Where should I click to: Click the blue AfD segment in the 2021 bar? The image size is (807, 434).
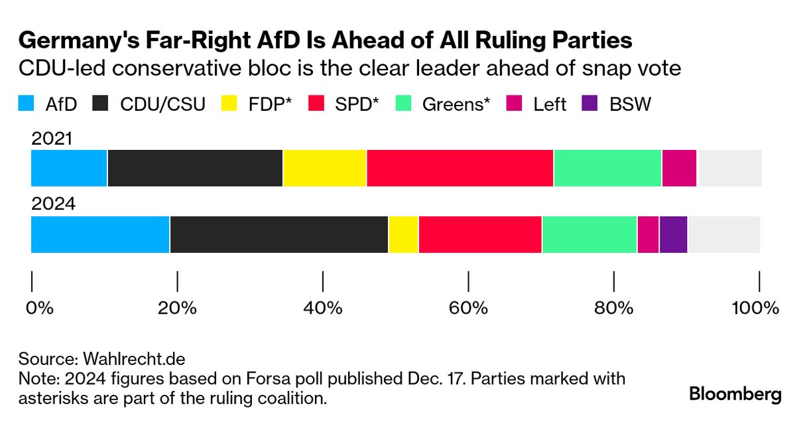pos(69,168)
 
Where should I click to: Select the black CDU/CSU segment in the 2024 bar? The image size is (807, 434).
pos(279,234)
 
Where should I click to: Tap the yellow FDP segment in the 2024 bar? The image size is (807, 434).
pos(403,234)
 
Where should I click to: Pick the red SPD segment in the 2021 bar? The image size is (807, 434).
pos(460,168)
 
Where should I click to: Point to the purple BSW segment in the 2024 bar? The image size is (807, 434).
pos(673,234)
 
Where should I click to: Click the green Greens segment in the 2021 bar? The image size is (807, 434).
pos(607,168)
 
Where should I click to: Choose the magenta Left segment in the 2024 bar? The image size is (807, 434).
pos(648,234)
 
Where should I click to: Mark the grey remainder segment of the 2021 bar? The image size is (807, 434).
pos(729,168)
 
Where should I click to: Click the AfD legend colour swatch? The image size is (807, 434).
pos(25,104)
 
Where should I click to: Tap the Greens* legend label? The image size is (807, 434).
pos(456,104)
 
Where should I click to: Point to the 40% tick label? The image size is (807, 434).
pos(322,308)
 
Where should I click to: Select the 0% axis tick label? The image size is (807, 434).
pos(38,308)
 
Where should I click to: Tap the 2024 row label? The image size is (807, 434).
pos(53,204)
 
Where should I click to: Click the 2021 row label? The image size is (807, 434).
pos(53,139)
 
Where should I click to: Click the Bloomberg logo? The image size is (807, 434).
pos(735,394)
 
